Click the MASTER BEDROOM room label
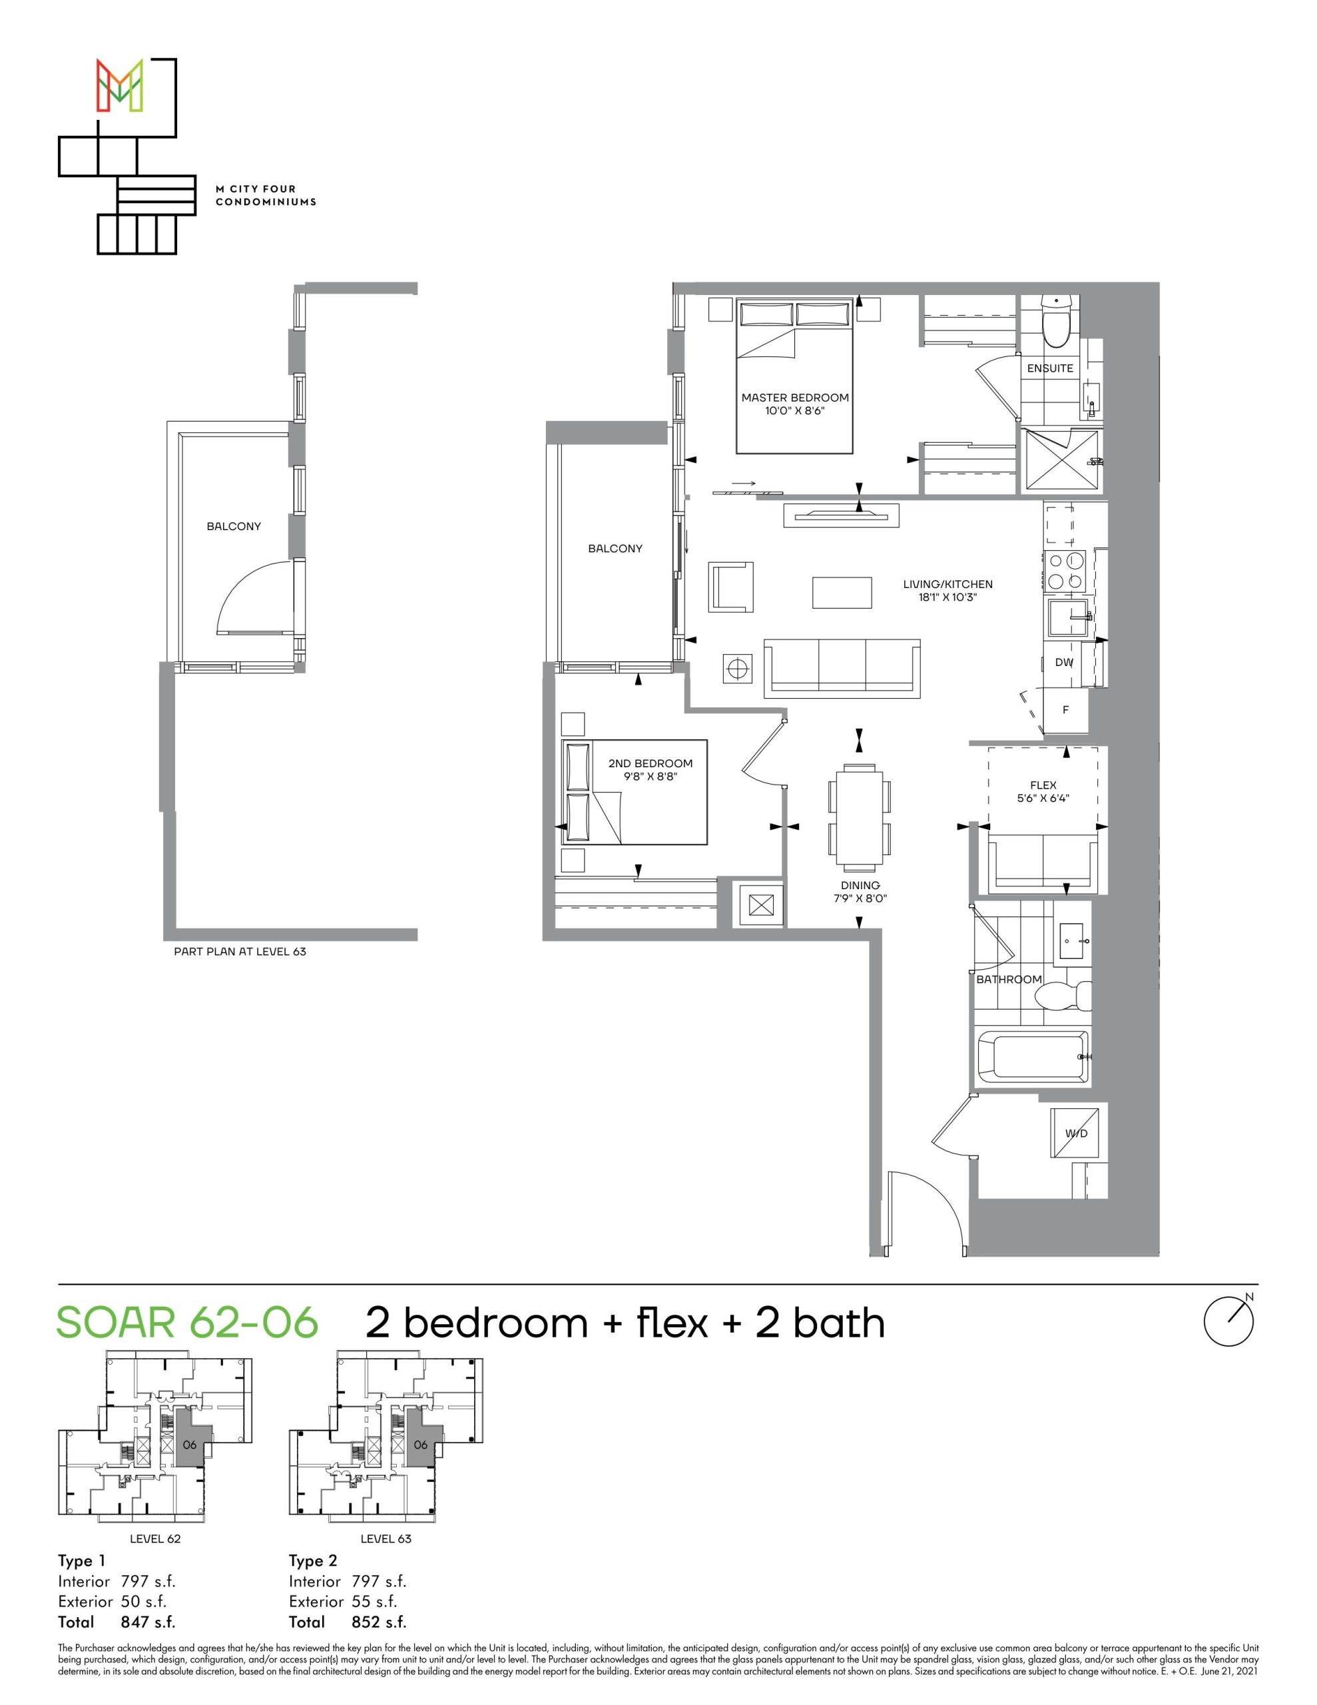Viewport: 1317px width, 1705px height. click(x=795, y=398)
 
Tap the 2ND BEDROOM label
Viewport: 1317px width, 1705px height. click(x=651, y=763)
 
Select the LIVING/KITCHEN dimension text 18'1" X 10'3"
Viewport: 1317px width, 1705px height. click(x=947, y=597)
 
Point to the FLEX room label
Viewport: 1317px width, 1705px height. click(x=1043, y=785)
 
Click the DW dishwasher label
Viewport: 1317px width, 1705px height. click(x=1064, y=662)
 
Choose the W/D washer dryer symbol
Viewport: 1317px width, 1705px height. click(x=1076, y=1133)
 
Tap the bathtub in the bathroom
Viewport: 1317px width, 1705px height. click(x=1033, y=1057)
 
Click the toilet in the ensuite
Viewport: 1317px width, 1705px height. click(x=1055, y=322)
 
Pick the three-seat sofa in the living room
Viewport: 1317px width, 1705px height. click(x=842, y=667)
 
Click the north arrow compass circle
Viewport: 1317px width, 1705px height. click(x=1229, y=1321)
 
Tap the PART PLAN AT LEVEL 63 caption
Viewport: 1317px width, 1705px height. click(x=240, y=952)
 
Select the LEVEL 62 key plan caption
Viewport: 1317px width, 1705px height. click(x=154, y=1538)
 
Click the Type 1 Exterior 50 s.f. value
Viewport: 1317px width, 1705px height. click(x=144, y=1601)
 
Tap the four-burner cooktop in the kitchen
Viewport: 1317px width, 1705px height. click(x=1065, y=570)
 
